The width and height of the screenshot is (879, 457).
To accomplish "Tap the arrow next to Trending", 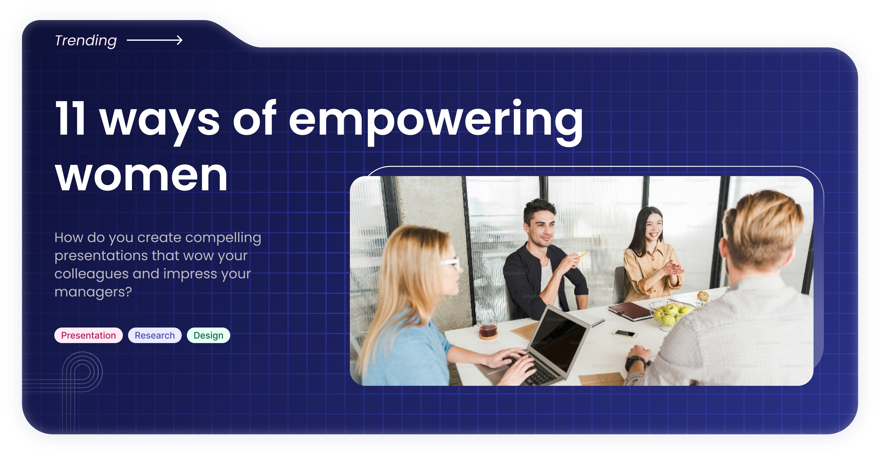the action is click(x=155, y=40).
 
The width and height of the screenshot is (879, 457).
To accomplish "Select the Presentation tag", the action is click(x=88, y=335).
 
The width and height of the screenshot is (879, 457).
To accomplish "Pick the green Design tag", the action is click(x=209, y=335).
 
